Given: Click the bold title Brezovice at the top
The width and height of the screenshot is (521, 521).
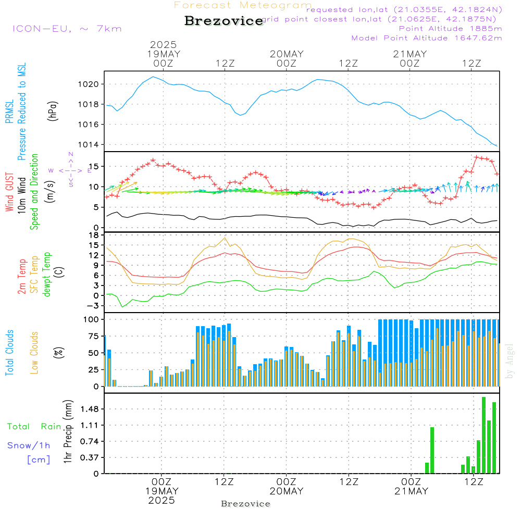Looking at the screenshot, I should [x=224, y=21].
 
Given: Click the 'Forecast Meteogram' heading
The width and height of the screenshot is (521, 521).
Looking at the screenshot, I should [x=243, y=5].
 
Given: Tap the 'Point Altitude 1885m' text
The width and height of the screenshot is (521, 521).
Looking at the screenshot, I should [x=450, y=28].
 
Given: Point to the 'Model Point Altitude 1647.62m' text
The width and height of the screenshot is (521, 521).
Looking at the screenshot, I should [x=427, y=38].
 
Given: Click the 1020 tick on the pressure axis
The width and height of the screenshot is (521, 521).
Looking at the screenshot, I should [x=92, y=84].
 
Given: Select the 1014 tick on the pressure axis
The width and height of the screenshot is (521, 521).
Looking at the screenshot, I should [x=92, y=144].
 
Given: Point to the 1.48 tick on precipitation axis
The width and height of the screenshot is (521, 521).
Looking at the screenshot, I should [x=91, y=410].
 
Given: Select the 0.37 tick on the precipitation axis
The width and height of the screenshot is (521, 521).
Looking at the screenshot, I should [x=91, y=457].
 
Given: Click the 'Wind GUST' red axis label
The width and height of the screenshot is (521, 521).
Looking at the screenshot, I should [x=9, y=193].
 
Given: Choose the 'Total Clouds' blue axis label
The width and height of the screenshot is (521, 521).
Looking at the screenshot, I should [x=9, y=353].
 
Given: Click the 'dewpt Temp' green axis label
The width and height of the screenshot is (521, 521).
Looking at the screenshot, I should [x=47, y=275].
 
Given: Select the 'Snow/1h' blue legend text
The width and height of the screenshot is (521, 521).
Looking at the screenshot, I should [x=29, y=445].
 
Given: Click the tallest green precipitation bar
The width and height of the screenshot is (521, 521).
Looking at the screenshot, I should [x=483, y=435].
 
